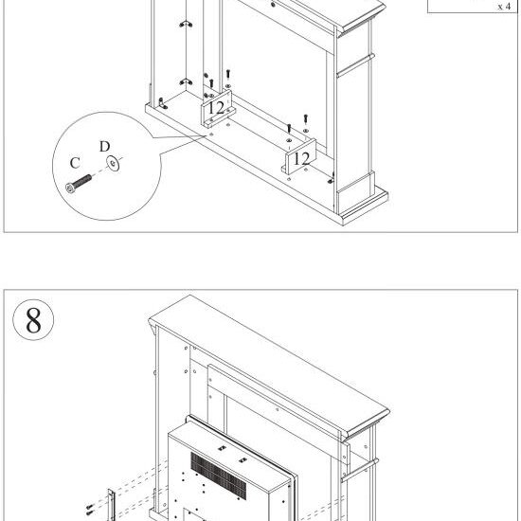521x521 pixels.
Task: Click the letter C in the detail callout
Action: point(74,163)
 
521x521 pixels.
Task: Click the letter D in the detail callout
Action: point(105,147)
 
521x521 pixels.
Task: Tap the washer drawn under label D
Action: point(114,165)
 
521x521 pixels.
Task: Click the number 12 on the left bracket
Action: point(216,107)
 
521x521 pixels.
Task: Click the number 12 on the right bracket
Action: point(300,156)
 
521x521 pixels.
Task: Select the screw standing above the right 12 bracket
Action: point(306,119)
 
